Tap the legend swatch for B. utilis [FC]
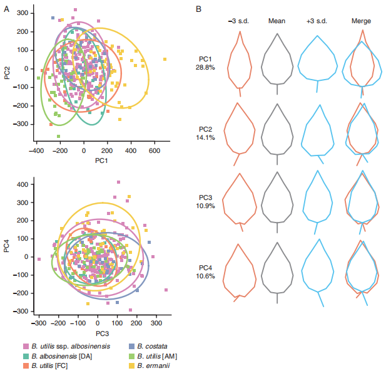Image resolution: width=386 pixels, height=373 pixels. click(x=24, y=365)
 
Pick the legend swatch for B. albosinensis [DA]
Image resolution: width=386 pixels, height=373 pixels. click(x=24, y=355)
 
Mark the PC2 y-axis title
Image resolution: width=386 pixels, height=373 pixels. click(x=6, y=69)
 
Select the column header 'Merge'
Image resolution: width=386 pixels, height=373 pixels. click(x=361, y=21)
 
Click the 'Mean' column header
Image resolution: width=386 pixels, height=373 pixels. click(x=277, y=21)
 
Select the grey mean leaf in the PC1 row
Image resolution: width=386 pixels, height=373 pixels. click(x=277, y=60)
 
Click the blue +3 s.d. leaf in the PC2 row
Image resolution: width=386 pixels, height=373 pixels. click(x=318, y=132)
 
